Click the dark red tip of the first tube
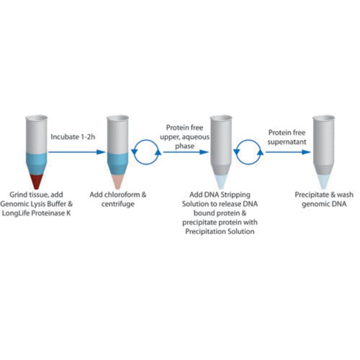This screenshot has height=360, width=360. (x=36, y=181)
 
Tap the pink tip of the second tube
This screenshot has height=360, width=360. (x=118, y=181)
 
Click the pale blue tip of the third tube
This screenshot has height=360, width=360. (x=221, y=182)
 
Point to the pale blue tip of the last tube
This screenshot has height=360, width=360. (x=323, y=182)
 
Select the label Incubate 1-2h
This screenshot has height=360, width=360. (x=73, y=137)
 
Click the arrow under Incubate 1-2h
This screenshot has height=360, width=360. (x=77, y=152)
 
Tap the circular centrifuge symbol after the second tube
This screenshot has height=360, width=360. (x=146, y=152)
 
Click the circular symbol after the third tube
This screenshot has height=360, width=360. (x=249, y=152)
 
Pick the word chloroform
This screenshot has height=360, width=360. (x=121, y=195)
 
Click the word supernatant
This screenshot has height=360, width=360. (x=287, y=142)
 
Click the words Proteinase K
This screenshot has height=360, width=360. (x=51, y=213)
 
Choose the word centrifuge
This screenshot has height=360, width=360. (x=118, y=204)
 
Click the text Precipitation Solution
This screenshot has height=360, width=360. (x=220, y=232)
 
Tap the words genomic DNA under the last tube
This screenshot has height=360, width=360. (x=324, y=204)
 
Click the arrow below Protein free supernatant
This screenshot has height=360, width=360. (x=288, y=152)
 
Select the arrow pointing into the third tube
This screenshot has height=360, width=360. (x=186, y=152)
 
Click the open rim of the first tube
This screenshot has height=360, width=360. (x=36, y=118)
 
